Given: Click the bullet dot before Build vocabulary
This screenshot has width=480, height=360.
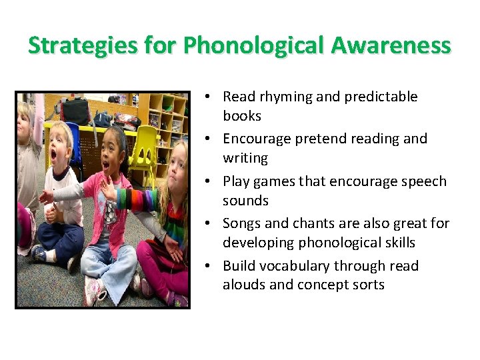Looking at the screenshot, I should tap(209, 267).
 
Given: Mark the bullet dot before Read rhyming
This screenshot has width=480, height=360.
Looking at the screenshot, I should tap(209, 97).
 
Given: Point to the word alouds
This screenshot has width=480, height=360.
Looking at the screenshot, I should tap(243, 285).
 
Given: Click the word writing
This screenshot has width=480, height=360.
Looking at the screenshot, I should tap(245, 158).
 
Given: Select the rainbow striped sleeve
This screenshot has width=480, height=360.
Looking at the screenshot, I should tap(137, 199).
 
